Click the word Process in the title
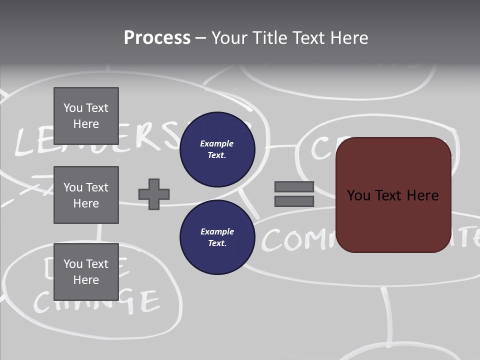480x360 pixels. click(157, 38)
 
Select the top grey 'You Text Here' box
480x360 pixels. click(86, 116)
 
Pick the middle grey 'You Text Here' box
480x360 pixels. click(86, 195)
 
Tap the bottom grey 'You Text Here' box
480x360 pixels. click(86, 271)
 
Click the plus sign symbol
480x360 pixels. click(154, 194)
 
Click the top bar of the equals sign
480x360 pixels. click(294, 187)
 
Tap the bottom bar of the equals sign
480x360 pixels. click(294, 201)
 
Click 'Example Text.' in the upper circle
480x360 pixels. click(217, 149)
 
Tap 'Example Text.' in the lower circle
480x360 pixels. click(217, 237)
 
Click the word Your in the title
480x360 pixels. click(230, 38)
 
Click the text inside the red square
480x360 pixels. click(393, 195)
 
